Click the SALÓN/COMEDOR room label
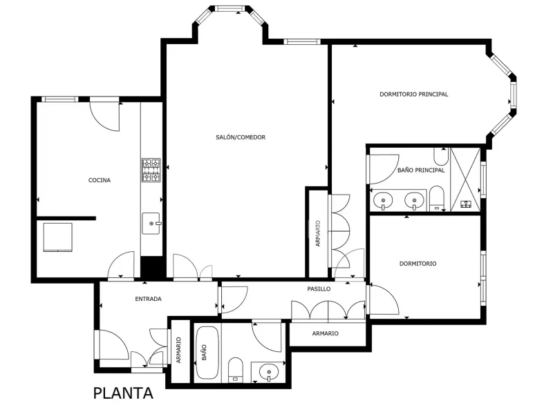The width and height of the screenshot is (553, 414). (x=241, y=137)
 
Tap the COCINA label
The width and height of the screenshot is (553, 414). (x=100, y=180)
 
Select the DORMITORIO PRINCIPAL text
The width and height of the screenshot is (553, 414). (x=413, y=95)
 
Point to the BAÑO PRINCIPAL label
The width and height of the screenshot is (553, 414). (x=421, y=170)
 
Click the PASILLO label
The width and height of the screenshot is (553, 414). (x=319, y=289)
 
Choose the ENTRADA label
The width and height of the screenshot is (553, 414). (x=148, y=299)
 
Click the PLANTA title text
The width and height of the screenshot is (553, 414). (x=123, y=393)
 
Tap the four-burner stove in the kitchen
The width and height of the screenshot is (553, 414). (x=151, y=170)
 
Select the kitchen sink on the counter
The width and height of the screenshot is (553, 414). (x=151, y=223)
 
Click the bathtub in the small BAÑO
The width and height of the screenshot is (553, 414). (x=207, y=353)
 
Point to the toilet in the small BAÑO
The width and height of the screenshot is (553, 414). (x=236, y=370)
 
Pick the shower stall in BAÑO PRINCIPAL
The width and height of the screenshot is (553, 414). (x=465, y=180)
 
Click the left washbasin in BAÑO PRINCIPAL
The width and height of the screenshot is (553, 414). (x=383, y=201)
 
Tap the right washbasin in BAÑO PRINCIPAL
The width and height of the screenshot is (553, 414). (x=414, y=201)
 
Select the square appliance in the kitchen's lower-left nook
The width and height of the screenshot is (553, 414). (x=58, y=237)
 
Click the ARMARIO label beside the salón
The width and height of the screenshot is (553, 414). (x=318, y=233)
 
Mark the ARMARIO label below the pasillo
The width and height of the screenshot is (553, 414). (x=325, y=333)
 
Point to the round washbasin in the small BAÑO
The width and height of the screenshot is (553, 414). (x=269, y=372)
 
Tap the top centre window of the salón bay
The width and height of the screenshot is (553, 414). (x=230, y=8)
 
